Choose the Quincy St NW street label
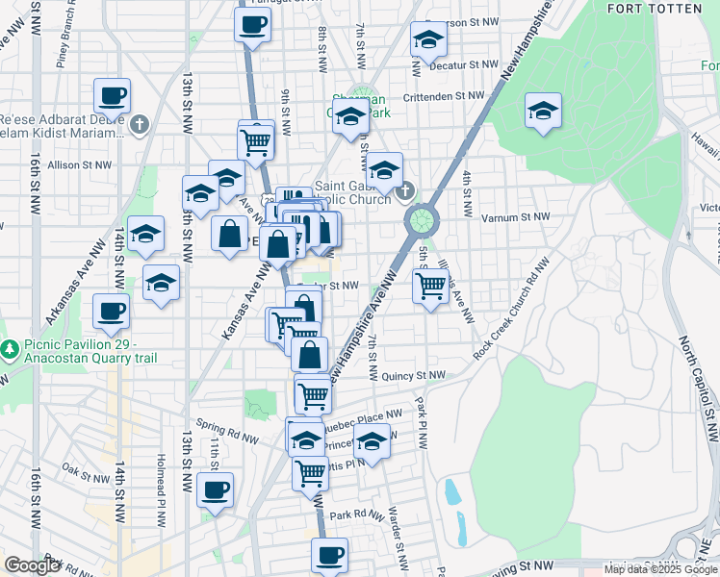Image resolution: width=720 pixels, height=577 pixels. pyautogui.click(x=413, y=376)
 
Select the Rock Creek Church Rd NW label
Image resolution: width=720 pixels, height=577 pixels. pyautogui.click(x=511, y=308)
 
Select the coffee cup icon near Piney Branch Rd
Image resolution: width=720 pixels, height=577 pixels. pyautogui.click(x=112, y=98)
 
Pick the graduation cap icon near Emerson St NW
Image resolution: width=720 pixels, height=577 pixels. pyautogui.click(x=427, y=39)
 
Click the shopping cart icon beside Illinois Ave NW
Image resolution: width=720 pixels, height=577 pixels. pyautogui.click(x=429, y=285)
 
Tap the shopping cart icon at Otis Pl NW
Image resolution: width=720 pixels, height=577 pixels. pyautogui.click(x=310, y=472)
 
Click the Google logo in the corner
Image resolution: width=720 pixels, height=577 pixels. pyautogui.click(x=32, y=565)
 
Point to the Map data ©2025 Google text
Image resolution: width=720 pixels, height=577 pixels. pyautogui.click(x=660, y=569)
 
